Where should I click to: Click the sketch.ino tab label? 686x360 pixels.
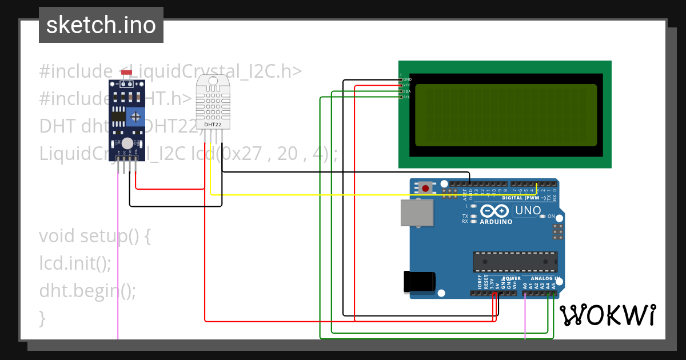pos(101,25)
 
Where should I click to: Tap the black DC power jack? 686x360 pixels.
pos(420,282)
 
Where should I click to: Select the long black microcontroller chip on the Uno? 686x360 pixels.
pos(514,261)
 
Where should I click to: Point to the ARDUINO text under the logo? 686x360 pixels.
pos(496,222)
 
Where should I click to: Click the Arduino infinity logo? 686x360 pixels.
pos(495,211)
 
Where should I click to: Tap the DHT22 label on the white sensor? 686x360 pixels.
pos(213,124)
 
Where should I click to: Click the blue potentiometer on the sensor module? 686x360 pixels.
pos(135,117)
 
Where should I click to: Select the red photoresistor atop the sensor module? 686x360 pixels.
pos(127,73)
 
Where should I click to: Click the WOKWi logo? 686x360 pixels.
pos(607,315)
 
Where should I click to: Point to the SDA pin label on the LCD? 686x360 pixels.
pos(407,91)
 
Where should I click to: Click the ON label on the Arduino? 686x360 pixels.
pos(551,217)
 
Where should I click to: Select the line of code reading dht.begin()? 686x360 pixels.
pos(87,291)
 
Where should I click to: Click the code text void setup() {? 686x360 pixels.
pos(94,236)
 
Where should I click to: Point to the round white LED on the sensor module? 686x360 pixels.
pos(127,143)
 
